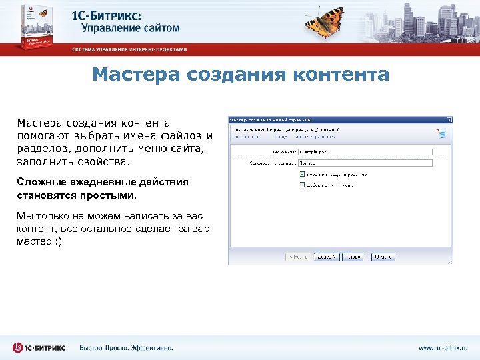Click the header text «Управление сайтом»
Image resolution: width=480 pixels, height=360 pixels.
[131, 28]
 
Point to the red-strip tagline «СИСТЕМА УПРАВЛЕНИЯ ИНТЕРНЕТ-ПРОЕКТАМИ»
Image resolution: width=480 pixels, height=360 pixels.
[130, 49]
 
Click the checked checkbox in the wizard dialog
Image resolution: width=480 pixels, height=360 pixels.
[302, 174]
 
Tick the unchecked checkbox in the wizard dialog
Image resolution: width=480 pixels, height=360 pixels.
[302, 184]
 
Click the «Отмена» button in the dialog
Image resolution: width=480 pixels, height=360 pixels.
[383, 257]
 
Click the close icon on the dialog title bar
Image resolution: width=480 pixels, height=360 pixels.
[449, 121]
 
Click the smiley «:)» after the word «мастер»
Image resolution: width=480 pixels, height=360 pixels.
[58, 241]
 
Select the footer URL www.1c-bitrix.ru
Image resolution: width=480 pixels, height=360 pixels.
[443, 347]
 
